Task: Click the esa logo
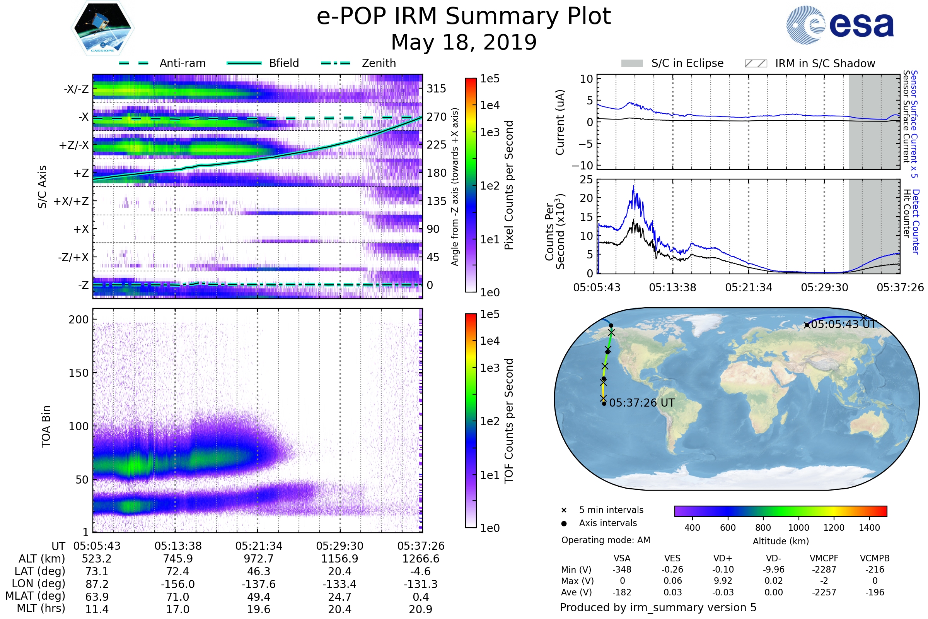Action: point(840,25)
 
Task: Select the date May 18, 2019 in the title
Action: point(464,42)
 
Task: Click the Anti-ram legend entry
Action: point(182,63)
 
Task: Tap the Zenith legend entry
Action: point(379,63)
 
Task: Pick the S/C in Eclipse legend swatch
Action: point(632,63)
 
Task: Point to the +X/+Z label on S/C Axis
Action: point(71,201)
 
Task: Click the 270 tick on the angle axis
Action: point(437,117)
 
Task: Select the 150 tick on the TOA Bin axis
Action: point(78,373)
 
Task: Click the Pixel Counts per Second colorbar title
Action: point(509,185)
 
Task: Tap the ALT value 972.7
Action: point(258,559)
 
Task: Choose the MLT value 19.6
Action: point(258,609)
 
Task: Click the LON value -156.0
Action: point(178,584)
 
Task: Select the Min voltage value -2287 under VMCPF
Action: point(824,569)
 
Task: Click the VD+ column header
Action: point(723,558)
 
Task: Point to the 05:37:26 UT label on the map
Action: point(641,403)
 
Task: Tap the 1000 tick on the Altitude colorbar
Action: point(798,528)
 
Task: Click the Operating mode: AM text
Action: point(606,540)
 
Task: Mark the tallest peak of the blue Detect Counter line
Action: point(634,186)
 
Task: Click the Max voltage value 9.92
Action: point(723,581)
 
